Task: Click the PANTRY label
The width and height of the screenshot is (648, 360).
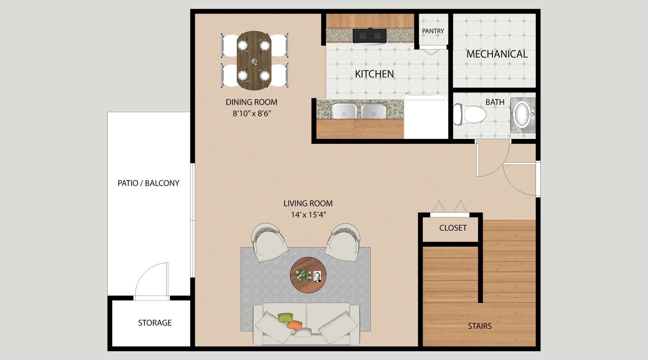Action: [433, 31]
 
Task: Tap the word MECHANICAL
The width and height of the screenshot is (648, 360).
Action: [497, 54]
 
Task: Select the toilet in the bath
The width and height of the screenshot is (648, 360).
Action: [469, 114]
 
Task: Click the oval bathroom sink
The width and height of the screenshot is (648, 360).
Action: [522, 114]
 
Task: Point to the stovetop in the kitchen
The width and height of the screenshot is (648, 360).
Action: [370, 35]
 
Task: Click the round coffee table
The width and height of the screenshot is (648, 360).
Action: [308, 275]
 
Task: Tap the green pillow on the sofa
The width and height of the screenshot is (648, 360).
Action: [286, 317]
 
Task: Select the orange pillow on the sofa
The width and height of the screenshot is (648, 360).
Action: [295, 325]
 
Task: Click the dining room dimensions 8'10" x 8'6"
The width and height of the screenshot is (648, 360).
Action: [252, 113]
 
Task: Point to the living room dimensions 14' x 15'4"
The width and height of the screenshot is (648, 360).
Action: [308, 215]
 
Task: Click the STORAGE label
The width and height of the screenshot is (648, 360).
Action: [155, 323]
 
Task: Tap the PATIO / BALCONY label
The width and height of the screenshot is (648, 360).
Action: [148, 183]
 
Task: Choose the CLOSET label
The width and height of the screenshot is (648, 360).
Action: [453, 228]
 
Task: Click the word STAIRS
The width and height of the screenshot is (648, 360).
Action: [480, 326]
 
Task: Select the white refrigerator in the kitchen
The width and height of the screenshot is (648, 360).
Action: [426, 117]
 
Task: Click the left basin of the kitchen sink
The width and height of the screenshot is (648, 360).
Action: [344, 111]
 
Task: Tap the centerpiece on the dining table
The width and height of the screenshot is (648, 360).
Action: [254, 62]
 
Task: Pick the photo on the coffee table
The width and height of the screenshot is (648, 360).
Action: [317, 276]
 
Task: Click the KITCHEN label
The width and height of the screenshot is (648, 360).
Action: [374, 74]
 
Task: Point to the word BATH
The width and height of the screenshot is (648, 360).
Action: [495, 102]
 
